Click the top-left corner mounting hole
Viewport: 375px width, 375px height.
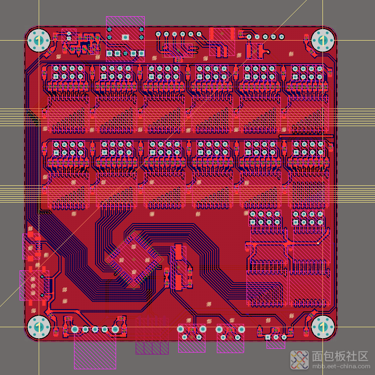point(39,40)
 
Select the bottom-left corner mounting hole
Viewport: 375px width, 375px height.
point(39,327)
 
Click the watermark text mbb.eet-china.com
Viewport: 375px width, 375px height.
point(340,367)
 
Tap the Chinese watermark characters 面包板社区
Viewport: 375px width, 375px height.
point(340,356)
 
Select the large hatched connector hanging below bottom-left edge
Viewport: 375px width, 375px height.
point(95,351)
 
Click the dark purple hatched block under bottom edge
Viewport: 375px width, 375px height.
point(152,347)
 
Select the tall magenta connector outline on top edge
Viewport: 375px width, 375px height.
point(125,38)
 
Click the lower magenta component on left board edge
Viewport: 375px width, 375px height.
point(34,285)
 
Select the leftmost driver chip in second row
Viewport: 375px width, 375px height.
point(68,191)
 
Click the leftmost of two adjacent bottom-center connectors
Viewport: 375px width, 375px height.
point(192,338)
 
